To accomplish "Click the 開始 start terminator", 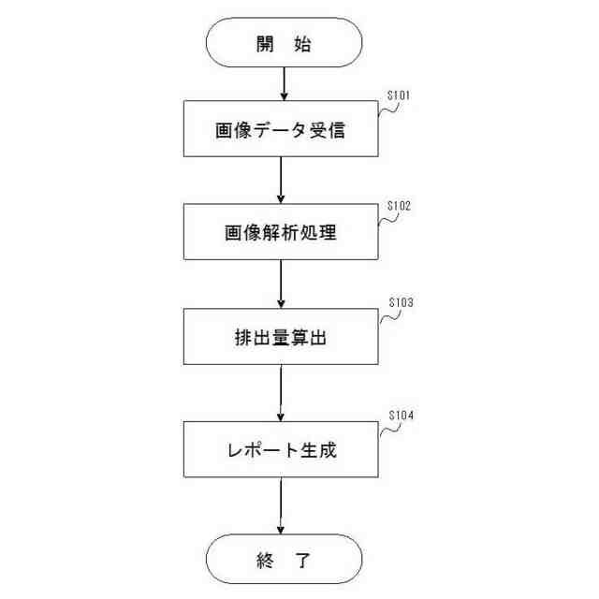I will click(x=283, y=44).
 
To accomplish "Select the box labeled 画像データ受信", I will click(x=282, y=130).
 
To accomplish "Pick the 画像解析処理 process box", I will click(x=282, y=234).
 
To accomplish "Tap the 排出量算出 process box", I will click(x=282, y=338).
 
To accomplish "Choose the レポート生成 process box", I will click(x=282, y=451).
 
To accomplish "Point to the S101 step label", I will click(x=400, y=95).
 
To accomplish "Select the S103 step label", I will click(x=400, y=303).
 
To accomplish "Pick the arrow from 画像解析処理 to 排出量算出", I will click(x=282, y=285).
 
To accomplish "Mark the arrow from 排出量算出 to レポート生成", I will click(x=282, y=393).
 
